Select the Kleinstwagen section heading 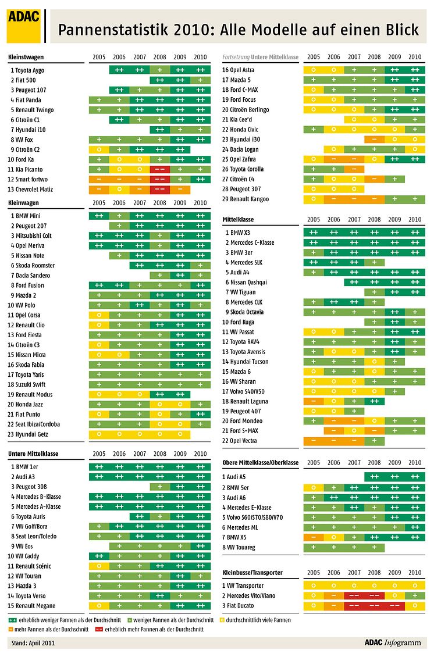pyautogui.click(x=27, y=57)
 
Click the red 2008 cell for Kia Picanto pyautogui.click(x=159, y=169)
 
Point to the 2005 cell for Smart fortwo pyautogui.click(x=99, y=179)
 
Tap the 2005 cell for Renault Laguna pyautogui.click(x=314, y=401)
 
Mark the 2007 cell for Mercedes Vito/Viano pyautogui.click(x=354, y=595)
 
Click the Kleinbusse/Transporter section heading pyautogui.click(x=252, y=573)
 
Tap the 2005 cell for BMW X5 pyautogui.click(x=314, y=537)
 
